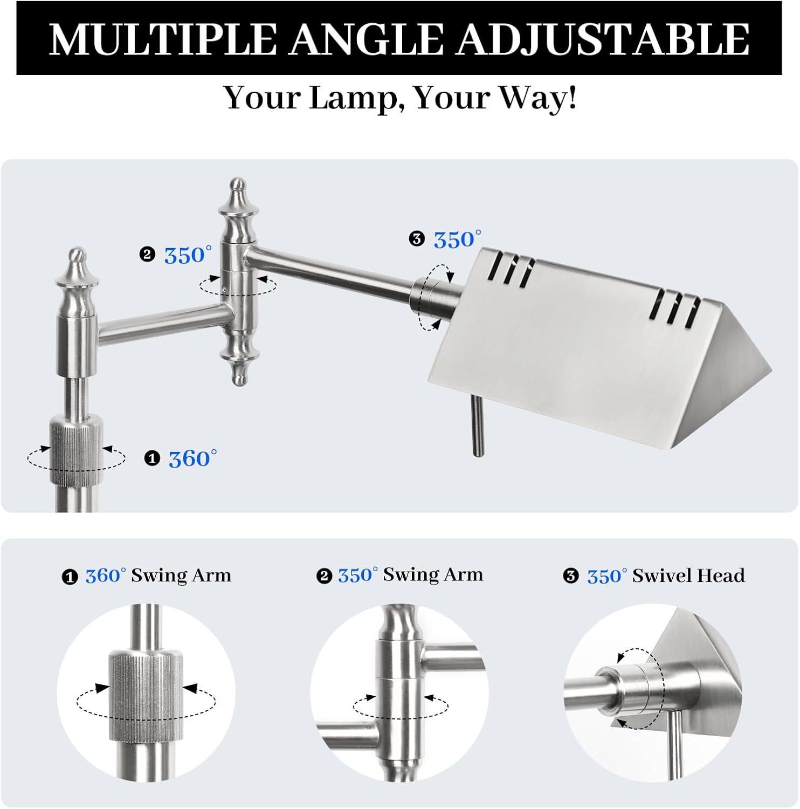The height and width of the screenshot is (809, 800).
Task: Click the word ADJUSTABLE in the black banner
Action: (603, 39)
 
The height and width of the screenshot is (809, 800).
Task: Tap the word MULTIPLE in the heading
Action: (162, 39)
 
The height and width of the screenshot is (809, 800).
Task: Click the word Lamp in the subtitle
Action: (356, 98)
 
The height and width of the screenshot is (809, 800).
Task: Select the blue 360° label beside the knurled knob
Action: (192, 459)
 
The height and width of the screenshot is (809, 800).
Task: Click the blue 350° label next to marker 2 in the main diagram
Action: (188, 255)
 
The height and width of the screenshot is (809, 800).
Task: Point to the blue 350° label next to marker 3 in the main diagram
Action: (457, 239)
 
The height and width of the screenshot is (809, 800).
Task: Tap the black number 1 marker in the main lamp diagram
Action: (153, 459)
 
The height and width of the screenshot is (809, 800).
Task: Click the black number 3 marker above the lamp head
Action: (417, 239)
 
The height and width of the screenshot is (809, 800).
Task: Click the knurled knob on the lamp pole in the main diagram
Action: (76, 449)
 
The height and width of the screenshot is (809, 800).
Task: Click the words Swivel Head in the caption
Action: (688, 575)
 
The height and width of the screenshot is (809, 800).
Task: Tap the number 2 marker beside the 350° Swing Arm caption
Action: (324, 577)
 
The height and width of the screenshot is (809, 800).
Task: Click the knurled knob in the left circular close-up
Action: (146, 696)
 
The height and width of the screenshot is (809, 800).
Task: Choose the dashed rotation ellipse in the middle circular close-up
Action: (401, 707)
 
